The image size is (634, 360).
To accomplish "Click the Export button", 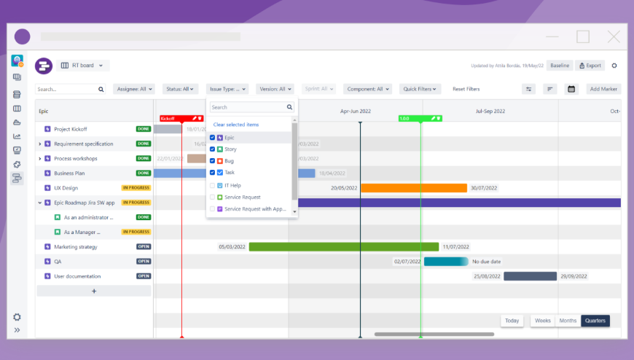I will pyautogui.click(x=590, y=66).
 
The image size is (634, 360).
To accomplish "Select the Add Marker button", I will pyautogui.click(x=603, y=89).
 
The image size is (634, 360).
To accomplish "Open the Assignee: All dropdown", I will pyautogui.click(x=134, y=89).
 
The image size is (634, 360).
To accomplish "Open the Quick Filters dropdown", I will pyautogui.click(x=422, y=89).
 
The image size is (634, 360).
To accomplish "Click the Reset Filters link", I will pyautogui.click(x=466, y=89).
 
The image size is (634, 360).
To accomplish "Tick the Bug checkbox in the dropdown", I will pyautogui.click(x=212, y=160).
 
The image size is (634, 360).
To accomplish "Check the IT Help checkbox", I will pyautogui.click(x=212, y=185).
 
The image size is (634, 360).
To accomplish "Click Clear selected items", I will pyautogui.click(x=235, y=125).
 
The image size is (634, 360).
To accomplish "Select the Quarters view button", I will pyautogui.click(x=595, y=321).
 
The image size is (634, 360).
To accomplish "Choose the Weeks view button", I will pyautogui.click(x=542, y=321).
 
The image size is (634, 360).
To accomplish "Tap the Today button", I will pyautogui.click(x=512, y=321).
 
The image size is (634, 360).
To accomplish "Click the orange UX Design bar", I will pyautogui.click(x=413, y=188).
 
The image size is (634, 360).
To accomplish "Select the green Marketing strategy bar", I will pyautogui.click(x=343, y=247).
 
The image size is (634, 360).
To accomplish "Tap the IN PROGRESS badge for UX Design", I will pyautogui.click(x=136, y=188).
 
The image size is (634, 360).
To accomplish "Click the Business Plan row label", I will pyautogui.click(x=70, y=173).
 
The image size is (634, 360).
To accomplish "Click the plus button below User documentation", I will pyautogui.click(x=94, y=291).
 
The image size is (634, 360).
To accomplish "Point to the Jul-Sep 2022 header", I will pyautogui.click(x=490, y=111).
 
